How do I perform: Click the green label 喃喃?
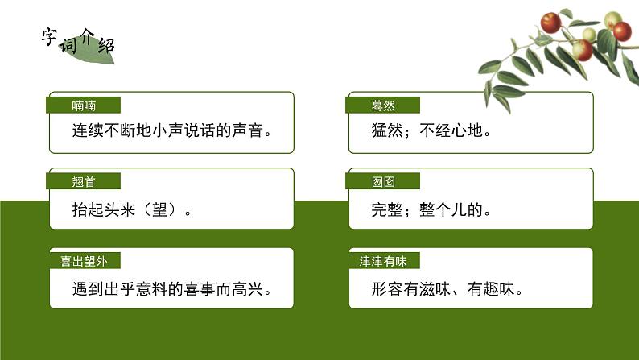pyautogui.click(x=84, y=106)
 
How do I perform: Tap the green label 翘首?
pyautogui.click(x=84, y=181)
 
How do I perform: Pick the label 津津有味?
pyautogui.click(x=383, y=261)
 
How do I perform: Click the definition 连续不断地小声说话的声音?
pyautogui.click(x=170, y=129)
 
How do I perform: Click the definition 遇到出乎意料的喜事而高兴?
pyautogui.click(x=170, y=288)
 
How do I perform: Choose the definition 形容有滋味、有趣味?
pyautogui.click(x=447, y=288)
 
